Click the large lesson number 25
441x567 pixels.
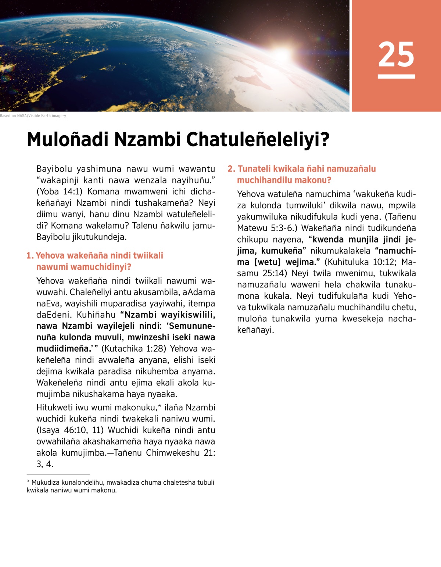[x=396, y=54]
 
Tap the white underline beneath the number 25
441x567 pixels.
[x=396, y=76]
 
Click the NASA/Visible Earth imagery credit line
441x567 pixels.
[x=33, y=116]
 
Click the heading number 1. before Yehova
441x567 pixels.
[x=30, y=255]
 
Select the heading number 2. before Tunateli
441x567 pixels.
[x=231, y=169]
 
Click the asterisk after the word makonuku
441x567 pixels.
[x=159, y=406]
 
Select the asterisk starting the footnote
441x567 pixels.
[x=28, y=482]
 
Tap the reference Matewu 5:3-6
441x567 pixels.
[x=265, y=228]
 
